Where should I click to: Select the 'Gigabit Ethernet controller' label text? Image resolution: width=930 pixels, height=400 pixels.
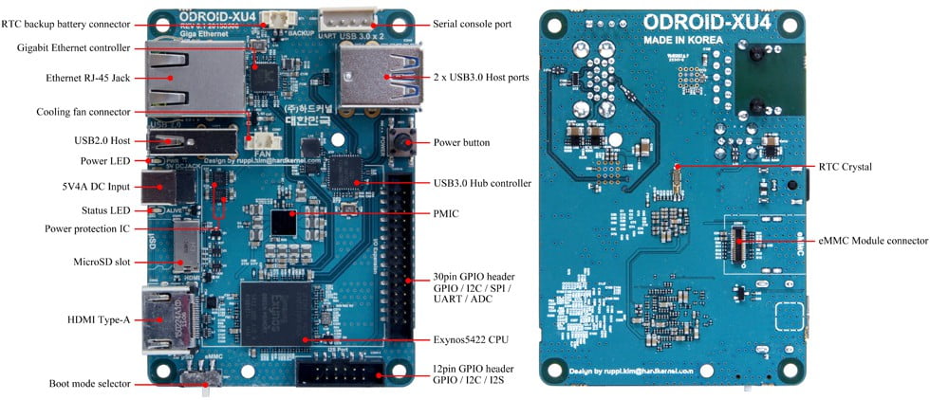[74, 47]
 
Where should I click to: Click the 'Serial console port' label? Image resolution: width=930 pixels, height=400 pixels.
[472, 23]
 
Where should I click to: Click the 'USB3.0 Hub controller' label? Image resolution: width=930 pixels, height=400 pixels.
[480, 183]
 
